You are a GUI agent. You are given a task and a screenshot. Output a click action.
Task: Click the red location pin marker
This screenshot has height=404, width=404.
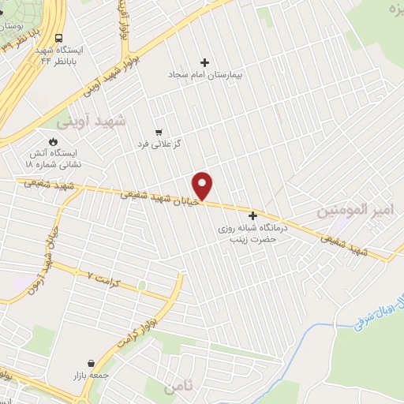pos(204,186)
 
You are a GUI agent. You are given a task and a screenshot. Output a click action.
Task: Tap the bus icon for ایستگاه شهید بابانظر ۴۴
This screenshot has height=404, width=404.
pos(59,39)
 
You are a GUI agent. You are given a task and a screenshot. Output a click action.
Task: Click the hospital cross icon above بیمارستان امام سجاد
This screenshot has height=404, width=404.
pos(205,62)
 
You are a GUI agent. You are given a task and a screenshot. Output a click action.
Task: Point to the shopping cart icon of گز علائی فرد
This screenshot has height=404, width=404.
pos(159,133)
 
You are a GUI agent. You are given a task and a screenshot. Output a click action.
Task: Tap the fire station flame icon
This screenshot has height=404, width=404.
pos(52,142)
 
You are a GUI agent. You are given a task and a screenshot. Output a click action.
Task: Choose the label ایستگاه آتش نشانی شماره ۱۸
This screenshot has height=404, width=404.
pos(54,159)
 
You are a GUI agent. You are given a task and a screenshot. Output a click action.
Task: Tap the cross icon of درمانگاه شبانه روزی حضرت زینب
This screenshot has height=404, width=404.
pos(253,215)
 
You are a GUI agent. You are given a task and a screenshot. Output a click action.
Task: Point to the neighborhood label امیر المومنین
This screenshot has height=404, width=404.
pos(354,210)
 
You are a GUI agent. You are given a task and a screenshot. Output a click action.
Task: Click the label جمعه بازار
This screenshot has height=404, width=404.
pos(92,376)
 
